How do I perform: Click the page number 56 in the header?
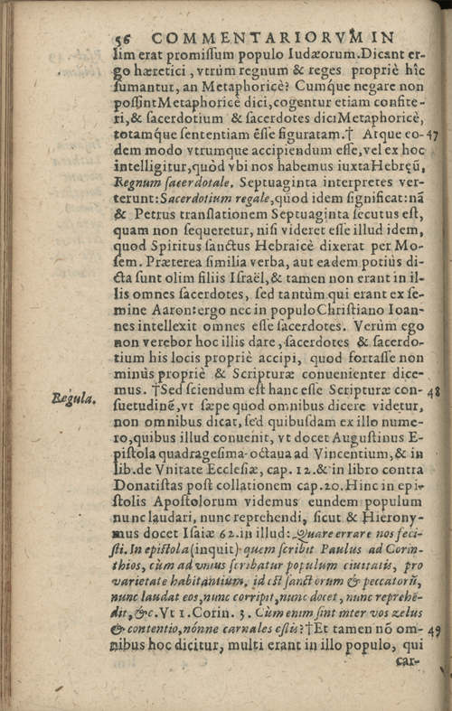124,39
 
